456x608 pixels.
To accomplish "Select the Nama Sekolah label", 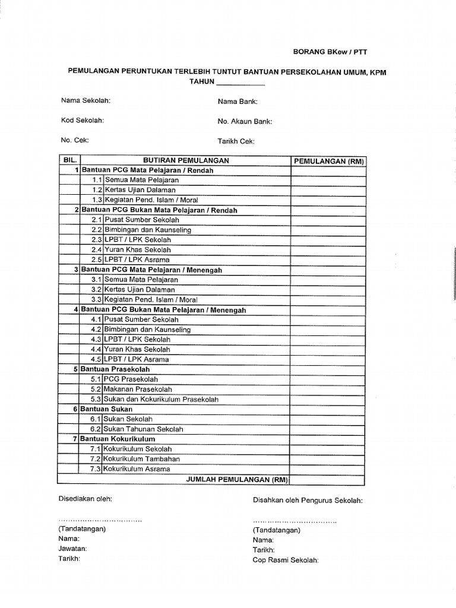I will tap(85, 101).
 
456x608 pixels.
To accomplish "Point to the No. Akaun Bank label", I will tap(245, 122).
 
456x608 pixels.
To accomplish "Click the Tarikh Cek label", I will tap(236, 141).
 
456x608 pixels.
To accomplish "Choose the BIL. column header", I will tap(69, 160).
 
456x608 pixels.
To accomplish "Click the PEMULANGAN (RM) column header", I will tap(328, 161).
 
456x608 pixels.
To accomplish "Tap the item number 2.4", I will tap(97, 250).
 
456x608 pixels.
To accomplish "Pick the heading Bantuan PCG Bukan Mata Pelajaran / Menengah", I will tap(163, 310).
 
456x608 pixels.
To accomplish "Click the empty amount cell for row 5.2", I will tap(328, 389).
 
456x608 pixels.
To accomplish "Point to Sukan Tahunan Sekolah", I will tap(143, 429).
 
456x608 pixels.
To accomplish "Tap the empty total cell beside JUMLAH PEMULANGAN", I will tap(328, 479).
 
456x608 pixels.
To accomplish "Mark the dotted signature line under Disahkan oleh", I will tap(294, 521).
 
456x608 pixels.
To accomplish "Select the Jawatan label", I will tap(72, 549).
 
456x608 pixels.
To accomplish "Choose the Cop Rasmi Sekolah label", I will tap(286, 559).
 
